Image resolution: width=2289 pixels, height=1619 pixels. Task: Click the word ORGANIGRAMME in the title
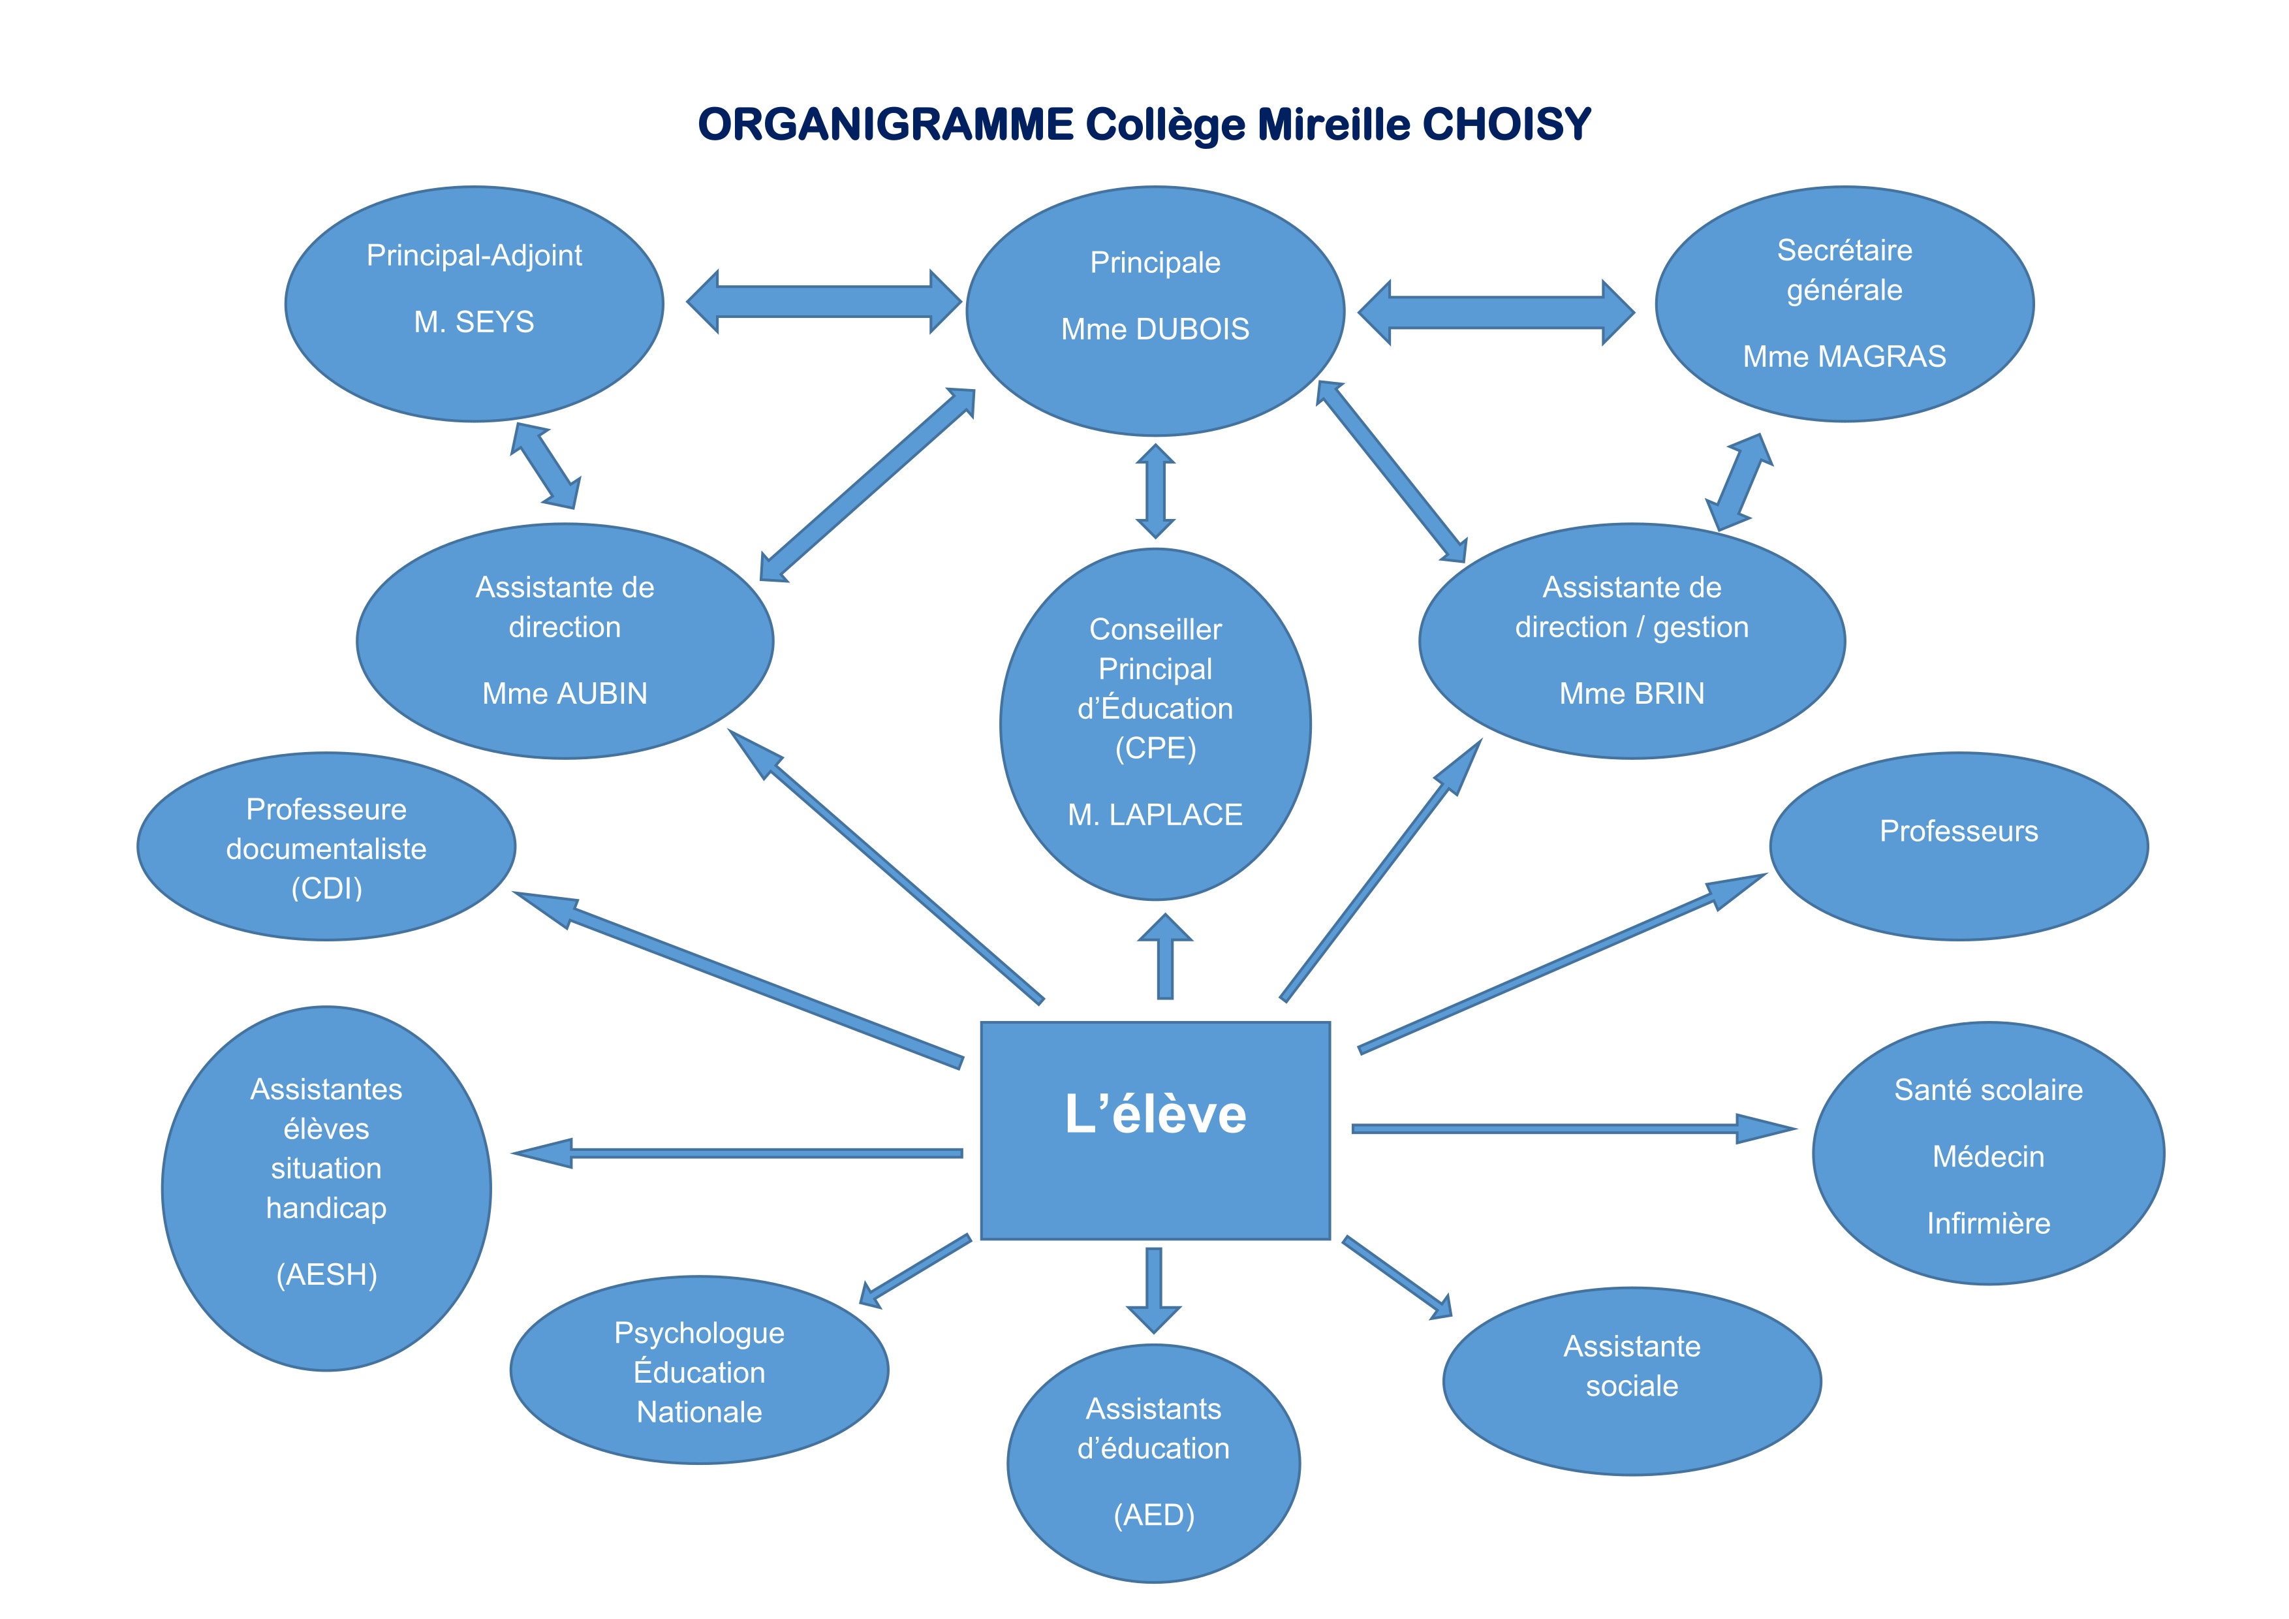click(x=885, y=125)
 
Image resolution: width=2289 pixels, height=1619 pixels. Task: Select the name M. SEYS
click(x=474, y=322)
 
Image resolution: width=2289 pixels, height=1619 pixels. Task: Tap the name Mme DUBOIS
click(x=1155, y=329)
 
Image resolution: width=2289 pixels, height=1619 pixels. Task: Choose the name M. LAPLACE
click(x=1155, y=815)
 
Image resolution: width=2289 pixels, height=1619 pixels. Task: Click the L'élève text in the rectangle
click(x=1155, y=1114)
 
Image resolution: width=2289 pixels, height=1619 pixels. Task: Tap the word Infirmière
click(x=1988, y=1223)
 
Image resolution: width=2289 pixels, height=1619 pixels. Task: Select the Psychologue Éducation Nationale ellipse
click(x=699, y=1371)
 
